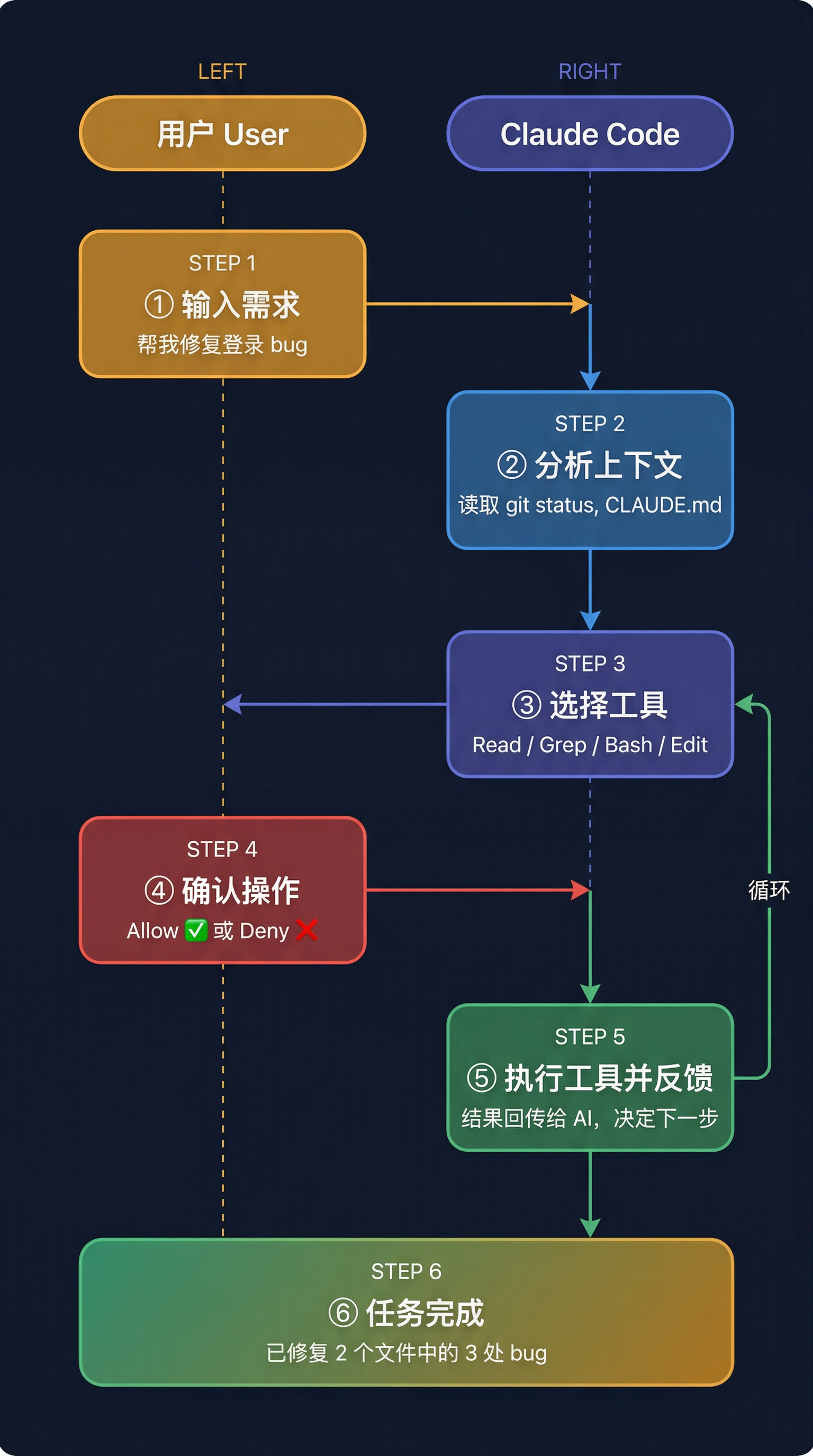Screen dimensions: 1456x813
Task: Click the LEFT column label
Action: (x=222, y=72)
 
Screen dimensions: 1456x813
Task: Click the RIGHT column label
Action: (x=590, y=72)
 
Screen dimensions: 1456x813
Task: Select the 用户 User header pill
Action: (x=223, y=133)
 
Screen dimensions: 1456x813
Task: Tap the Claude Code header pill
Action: (x=590, y=133)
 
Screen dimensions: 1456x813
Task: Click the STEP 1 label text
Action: (x=222, y=263)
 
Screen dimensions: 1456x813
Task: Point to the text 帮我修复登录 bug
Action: (x=222, y=344)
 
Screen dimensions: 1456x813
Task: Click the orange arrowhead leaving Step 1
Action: (x=580, y=304)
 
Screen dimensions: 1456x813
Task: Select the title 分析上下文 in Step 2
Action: (x=608, y=465)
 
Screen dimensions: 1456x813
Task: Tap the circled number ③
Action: (x=526, y=705)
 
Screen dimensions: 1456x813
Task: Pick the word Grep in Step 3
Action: (x=563, y=745)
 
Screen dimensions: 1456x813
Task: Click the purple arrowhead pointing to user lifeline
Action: (x=232, y=704)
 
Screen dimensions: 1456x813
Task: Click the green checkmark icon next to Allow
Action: (x=196, y=930)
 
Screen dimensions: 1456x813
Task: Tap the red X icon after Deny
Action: (x=307, y=930)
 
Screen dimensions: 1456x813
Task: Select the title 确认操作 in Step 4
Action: (x=241, y=890)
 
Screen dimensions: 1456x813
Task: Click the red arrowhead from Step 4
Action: (x=581, y=890)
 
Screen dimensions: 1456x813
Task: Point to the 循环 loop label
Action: (x=769, y=890)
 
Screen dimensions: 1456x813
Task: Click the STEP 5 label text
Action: (x=590, y=1036)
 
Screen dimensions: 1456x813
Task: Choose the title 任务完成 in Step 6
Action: (x=425, y=1313)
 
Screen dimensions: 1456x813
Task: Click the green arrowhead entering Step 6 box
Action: (x=590, y=1227)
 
